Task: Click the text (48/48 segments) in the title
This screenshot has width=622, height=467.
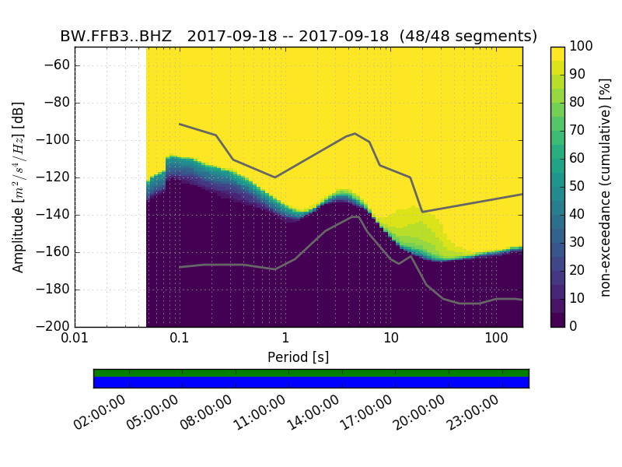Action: pos(476,37)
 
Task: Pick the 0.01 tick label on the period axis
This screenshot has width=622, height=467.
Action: pos(75,340)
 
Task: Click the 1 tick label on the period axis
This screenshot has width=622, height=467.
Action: pos(285,340)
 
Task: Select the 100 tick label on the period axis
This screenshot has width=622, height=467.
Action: pos(496,340)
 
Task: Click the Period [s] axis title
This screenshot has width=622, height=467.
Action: pos(299,357)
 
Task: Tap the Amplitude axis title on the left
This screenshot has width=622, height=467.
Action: pos(19,187)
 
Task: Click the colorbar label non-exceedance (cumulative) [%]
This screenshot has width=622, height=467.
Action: pos(606,187)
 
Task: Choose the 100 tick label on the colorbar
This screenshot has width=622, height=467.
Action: pos(582,47)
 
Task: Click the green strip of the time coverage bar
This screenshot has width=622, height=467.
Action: pos(311,373)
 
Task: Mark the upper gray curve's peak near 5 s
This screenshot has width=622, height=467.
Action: pos(355,134)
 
